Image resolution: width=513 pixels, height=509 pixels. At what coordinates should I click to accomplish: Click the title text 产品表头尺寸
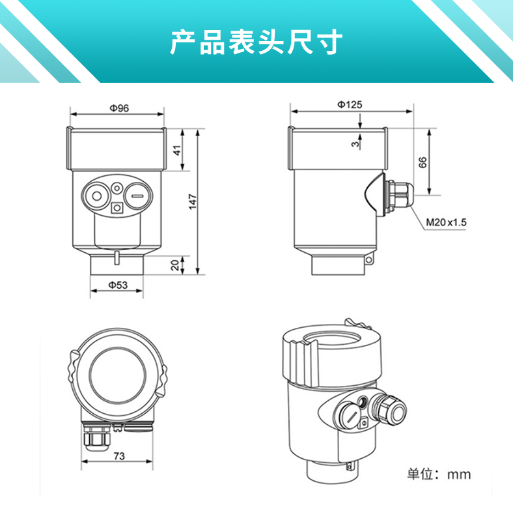click(256, 42)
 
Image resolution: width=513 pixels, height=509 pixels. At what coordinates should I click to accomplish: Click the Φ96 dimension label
click(118, 108)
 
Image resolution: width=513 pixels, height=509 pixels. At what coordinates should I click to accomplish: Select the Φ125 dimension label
click(350, 104)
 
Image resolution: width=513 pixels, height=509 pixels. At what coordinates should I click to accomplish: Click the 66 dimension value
click(423, 162)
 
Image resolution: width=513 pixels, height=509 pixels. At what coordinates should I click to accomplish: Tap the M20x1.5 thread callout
click(446, 222)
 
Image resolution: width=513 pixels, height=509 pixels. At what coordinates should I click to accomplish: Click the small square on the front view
click(117, 209)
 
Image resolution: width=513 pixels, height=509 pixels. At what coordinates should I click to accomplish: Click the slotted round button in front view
click(137, 195)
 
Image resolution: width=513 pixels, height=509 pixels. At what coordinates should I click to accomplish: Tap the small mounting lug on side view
click(369, 260)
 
